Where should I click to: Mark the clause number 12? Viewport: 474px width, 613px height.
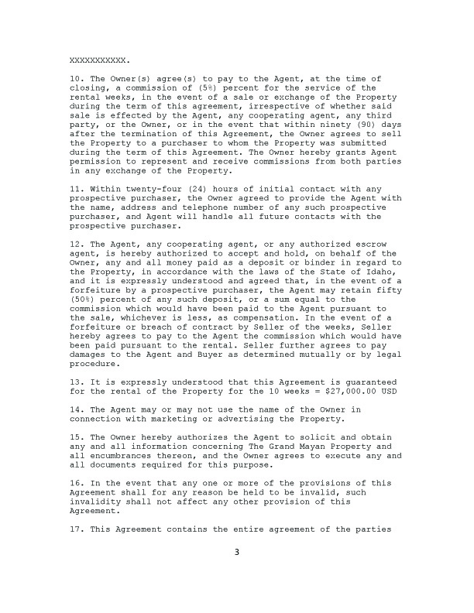(76, 243)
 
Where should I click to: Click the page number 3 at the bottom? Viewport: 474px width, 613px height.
(238, 553)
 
